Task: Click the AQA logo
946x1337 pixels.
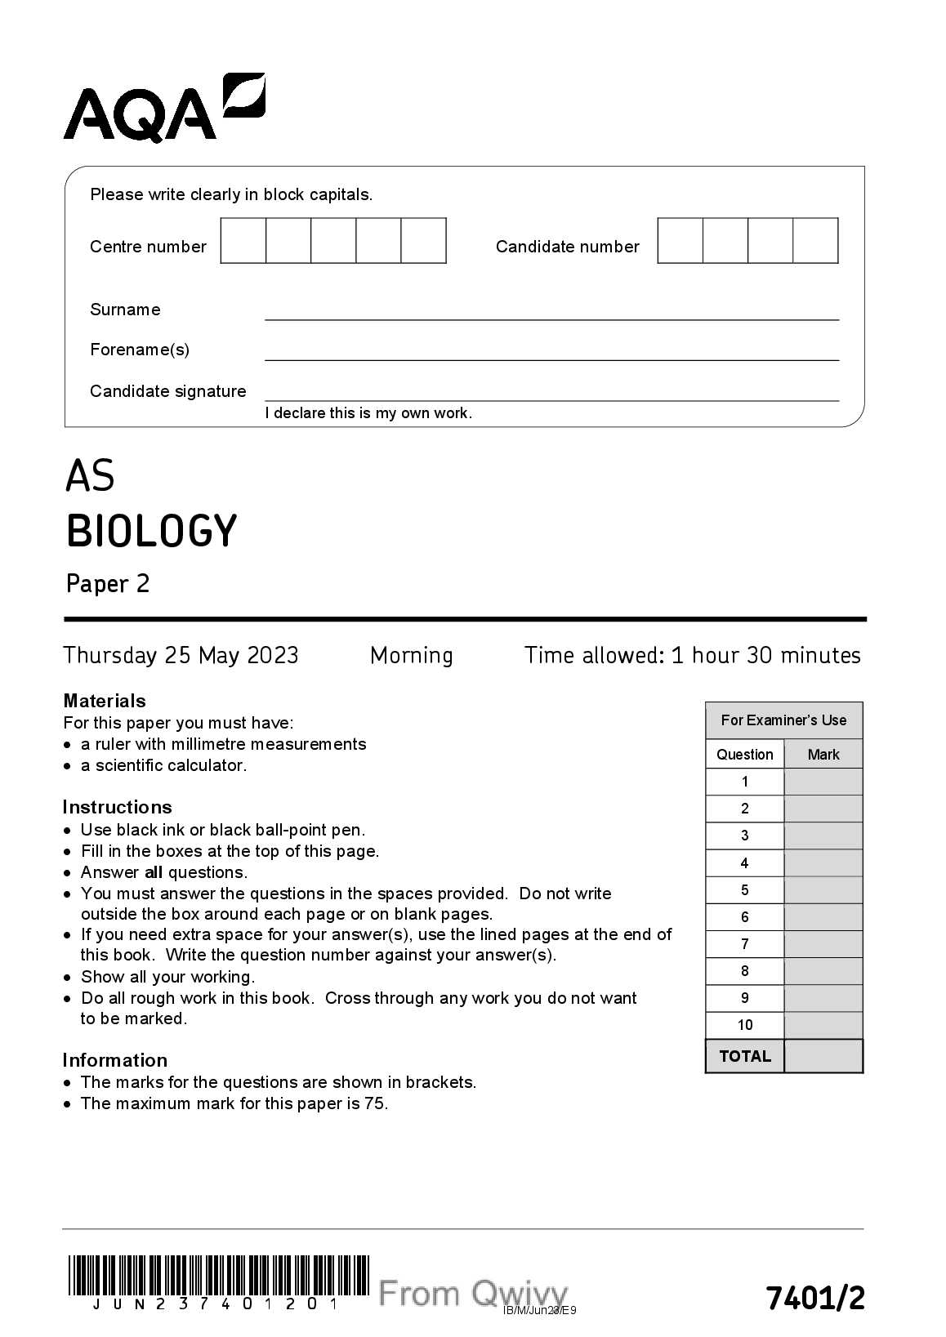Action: tap(163, 108)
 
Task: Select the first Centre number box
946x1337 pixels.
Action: tap(243, 241)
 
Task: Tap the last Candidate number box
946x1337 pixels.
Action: tap(816, 241)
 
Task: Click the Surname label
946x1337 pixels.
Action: tap(125, 310)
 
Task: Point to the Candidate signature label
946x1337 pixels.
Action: tap(167, 391)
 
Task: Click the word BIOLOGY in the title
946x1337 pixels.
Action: tap(151, 531)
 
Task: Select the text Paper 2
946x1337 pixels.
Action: tap(108, 584)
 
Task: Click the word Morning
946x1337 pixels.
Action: tap(411, 655)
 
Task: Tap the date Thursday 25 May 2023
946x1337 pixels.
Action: tap(181, 655)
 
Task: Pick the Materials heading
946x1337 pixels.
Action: tap(104, 701)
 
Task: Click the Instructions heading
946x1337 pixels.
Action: tap(117, 807)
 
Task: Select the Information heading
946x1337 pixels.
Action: tap(114, 1060)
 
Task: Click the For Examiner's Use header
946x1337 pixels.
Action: tap(783, 720)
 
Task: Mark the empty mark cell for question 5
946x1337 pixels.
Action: tap(823, 890)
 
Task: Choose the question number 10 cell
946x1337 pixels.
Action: tap(745, 1025)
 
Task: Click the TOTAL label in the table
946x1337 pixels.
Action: tap(745, 1056)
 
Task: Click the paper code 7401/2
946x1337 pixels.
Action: tap(814, 1297)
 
